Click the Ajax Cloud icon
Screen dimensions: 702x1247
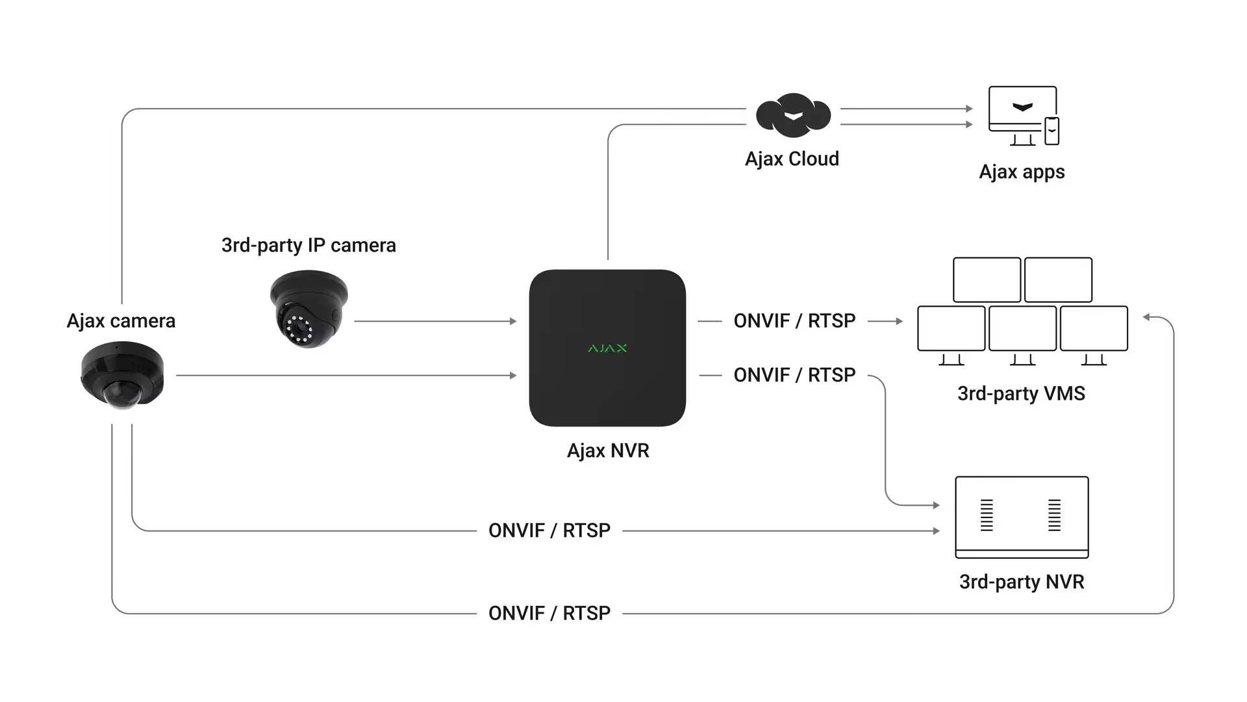pyautogui.click(x=793, y=115)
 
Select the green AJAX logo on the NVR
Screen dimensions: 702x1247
pyautogui.click(x=607, y=348)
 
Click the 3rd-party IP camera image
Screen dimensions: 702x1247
pyautogui.click(x=309, y=309)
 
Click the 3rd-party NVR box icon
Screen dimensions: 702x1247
pyautogui.click(x=1022, y=517)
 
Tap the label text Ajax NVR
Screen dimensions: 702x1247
pyautogui.click(x=608, y=450)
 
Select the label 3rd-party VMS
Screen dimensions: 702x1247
pyautogui.click(x=1021, y=393)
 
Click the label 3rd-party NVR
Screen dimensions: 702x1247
pyautogui.click(x=1022, y=582)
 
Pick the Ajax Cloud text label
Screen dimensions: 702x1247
pyautogui.click(x=792, y=159)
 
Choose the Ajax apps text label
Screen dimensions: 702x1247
pyautogui.click(x=1022, y=172)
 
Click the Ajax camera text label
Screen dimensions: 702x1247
pyautogui.click(x=121, y=320)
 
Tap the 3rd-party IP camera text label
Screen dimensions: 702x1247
pyautogui.click(x=309, y=245)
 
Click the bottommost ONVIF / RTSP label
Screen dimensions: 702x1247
pyautogui.click(x=549, y=613)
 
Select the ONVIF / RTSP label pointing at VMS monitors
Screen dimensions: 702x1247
pyautogui.click(x=794, y=320)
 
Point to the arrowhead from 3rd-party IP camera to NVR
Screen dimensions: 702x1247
pyautogui.click(x=513, y=321)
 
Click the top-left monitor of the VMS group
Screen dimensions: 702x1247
pyautogui.click(x=987, y=279)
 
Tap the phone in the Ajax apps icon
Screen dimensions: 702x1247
pyautogui.click(x=1052, y=131)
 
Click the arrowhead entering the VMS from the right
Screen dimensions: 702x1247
pyautogui.click(x=1147, y=317)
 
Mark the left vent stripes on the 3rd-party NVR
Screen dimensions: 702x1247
pyautogui.click(x=987, y=515)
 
